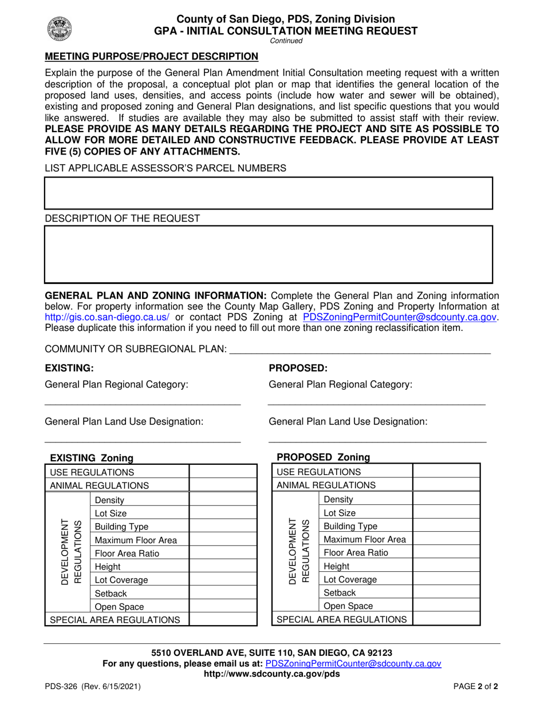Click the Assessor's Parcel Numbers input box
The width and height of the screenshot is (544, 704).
coord(269,193)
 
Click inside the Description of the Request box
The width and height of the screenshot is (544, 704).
coord(269,254)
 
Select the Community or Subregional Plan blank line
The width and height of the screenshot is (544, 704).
coord(360,351)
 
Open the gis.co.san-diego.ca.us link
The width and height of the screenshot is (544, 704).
coord(107,317)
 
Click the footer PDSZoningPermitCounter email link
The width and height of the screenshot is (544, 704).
coord(353,663)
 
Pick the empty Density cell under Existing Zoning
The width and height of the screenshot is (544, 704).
coord(223,500)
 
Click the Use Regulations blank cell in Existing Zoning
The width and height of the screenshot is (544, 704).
coord(223,472)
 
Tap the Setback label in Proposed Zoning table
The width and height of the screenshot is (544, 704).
coord(336,592)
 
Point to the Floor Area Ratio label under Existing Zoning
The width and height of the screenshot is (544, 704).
coord(127,553)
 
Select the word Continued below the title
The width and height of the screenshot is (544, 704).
coord(286,41)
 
